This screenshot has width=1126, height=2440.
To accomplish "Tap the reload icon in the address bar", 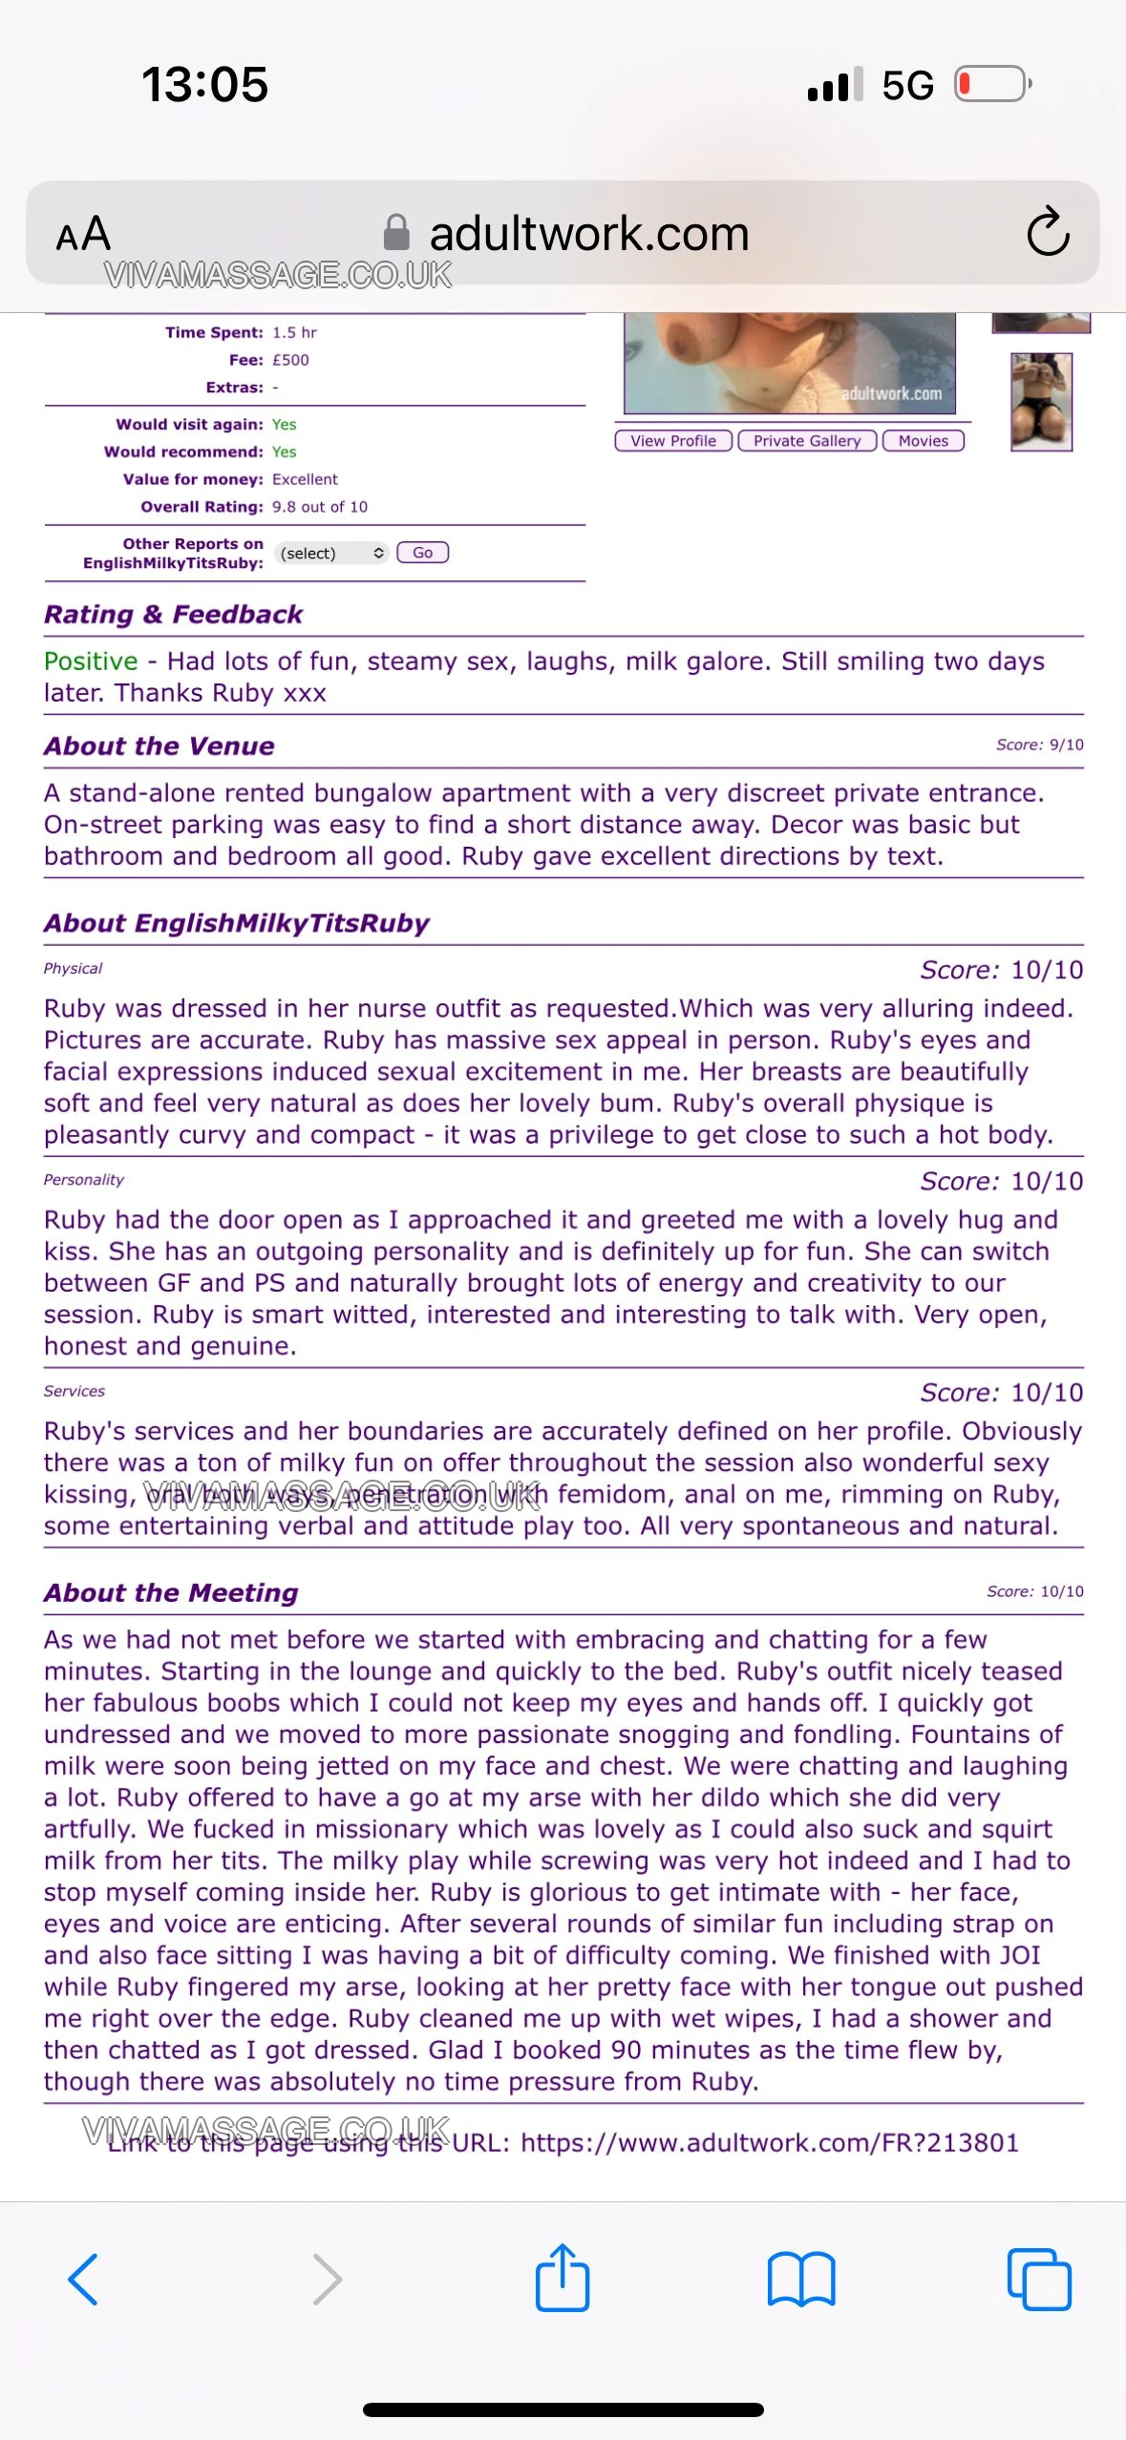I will (1048, 232).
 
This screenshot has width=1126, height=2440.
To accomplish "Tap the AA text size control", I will (84, 234).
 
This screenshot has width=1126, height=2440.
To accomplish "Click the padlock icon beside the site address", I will (396, 232).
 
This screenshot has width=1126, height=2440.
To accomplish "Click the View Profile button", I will (673, 441).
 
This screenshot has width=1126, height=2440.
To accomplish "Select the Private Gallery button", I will (807, 441).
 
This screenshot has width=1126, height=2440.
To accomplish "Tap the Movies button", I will (924, 441).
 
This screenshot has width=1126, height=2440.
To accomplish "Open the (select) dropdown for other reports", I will (331, 553).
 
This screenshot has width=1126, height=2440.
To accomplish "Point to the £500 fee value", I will (290, 360).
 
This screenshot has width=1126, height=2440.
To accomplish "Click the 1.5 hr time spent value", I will (294, 332).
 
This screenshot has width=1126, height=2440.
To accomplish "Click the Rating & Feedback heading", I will (173, 614).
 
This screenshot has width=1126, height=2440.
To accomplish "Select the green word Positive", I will (91, 662).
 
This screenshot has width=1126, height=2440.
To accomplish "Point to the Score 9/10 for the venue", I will (1039, 745).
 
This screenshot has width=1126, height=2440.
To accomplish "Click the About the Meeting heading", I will (171, 1592).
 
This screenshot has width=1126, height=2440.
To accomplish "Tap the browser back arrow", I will (84, 2279).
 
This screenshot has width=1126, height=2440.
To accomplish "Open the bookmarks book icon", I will (801, 2279).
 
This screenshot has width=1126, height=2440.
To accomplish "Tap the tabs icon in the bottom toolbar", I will (1039, 2279).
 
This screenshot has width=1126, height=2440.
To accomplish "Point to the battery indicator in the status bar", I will (992, 84).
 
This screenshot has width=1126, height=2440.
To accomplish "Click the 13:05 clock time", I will (204, 84).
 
